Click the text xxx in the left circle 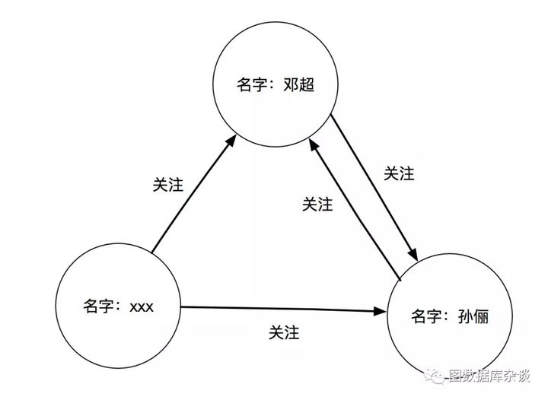point(142,307)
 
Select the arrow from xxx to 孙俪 point(282,309)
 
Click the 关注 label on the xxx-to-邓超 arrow point(167,185)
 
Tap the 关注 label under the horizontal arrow point(284,332)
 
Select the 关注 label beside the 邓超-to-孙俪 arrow point(399,173)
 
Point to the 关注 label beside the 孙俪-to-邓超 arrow point(317,204)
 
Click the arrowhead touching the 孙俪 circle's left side point(381,311)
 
